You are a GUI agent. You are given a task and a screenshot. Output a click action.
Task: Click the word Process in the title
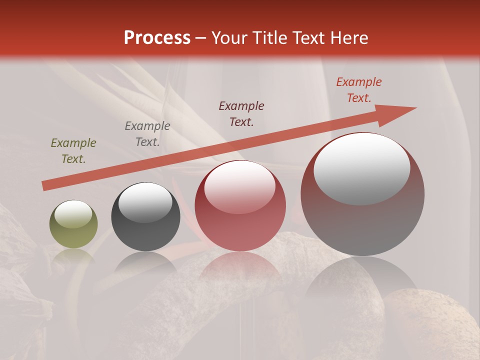157,38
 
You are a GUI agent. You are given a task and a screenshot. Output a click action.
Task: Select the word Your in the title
231,38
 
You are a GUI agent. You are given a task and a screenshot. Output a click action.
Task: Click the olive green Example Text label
73,151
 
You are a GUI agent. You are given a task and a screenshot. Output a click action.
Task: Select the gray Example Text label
147,134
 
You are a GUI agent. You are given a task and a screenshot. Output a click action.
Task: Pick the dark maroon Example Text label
241,113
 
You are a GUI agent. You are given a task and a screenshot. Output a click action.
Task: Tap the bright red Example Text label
359,89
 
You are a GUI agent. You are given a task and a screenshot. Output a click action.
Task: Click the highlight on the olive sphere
73,214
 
